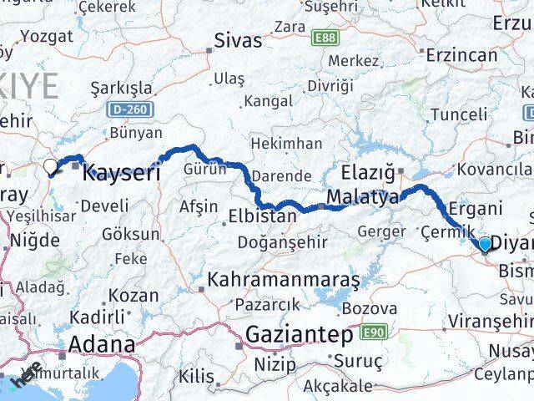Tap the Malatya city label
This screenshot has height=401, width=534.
pos(363,198)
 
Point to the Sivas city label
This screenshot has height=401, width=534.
pos(238,40)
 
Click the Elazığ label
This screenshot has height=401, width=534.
pos(368,173)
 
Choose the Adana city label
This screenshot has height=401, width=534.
pos(102,344)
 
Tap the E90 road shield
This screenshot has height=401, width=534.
pos(375,332)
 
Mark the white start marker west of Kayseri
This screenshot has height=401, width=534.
pos(52,166)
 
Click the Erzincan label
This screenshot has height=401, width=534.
pos(461,55)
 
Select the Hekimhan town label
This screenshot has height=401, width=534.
pos(286,144)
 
